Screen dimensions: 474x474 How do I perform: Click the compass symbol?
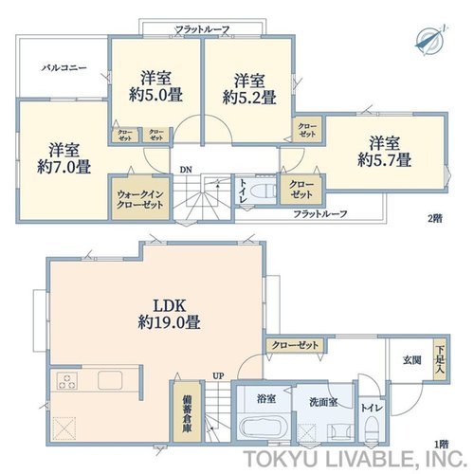coord(429,41)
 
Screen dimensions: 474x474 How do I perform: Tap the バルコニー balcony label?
coord(64,67)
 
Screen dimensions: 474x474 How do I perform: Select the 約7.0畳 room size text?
coord(64,167)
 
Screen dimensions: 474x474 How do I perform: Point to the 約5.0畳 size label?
coord(155,95)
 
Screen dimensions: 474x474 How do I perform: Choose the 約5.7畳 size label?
coord(385,159)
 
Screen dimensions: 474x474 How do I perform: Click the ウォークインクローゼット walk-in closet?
coord(140,198)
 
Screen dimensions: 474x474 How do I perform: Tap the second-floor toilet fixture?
coord(263,191)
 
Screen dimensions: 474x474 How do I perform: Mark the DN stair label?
coord(186,170)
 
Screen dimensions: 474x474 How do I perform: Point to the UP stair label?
coord(218,376)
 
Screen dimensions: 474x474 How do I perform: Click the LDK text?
coord(169,306)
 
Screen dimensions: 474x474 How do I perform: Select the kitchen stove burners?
coord(67,380)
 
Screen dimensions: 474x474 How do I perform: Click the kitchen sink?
coord(110,380)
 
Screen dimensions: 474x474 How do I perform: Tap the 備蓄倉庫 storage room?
coord(187,412)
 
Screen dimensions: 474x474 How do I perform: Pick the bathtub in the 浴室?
coord(263,428)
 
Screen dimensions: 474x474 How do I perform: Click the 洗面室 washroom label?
coord(323,402)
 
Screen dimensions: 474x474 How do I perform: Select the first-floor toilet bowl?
coord(372,427)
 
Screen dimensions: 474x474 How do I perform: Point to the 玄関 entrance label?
coord(412,360)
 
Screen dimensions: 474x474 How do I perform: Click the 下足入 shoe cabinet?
coord(440,359)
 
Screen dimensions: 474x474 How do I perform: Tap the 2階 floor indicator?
coord(435,218)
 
